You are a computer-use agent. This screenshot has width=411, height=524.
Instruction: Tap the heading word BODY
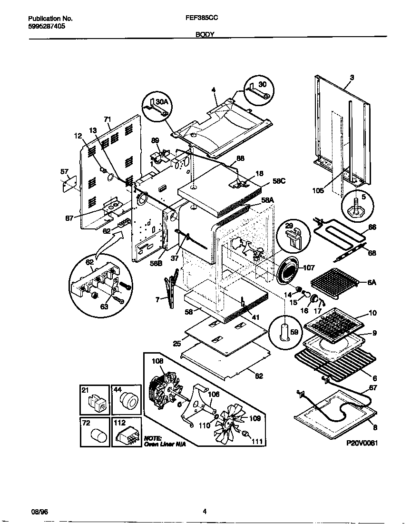click(x=205, y=34)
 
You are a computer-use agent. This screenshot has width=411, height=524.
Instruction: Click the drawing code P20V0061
click(x=362, y=442)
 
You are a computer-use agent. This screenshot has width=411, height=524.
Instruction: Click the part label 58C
click(x=279, y=181)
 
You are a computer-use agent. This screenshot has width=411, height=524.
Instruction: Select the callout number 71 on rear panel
click(x=107, y=120)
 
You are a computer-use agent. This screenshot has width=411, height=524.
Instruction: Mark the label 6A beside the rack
click(x=372, y=282)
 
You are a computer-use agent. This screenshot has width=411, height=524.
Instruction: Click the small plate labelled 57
click(x=70, y=183)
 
